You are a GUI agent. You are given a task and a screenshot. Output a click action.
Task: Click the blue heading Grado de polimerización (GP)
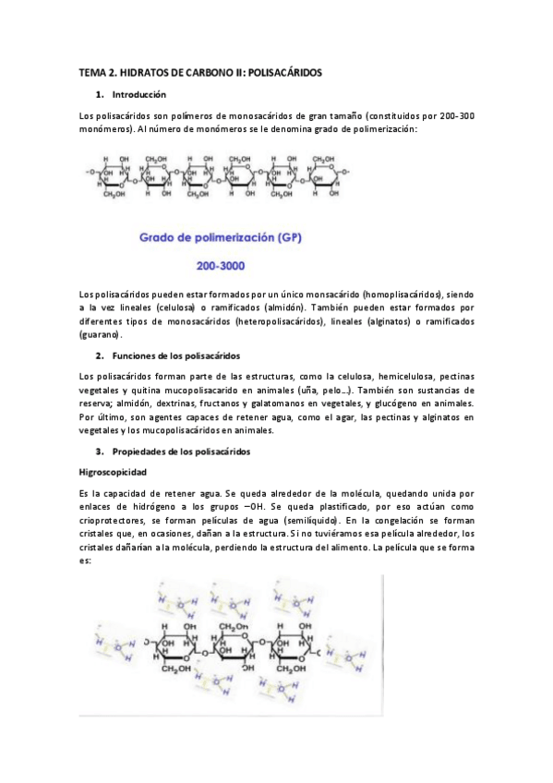click(x=222, y=237)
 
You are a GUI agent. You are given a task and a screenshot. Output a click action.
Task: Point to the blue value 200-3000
click(x=221, y=266)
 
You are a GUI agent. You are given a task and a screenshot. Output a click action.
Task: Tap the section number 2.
click(x=100, y=355)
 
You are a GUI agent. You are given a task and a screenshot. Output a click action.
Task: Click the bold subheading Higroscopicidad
click(x=114, y=472)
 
